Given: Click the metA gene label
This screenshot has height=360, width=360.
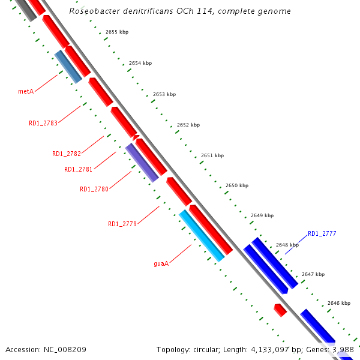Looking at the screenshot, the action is click(x=25, y=91).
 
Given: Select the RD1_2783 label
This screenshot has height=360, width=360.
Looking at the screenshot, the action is click(x=43, y=123).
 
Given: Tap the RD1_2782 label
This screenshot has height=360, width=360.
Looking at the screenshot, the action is click(x=66, y=154).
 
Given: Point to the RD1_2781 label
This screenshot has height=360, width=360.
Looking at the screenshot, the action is click(x=78, y=169).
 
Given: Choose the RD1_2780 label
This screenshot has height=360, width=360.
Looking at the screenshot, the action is click(x=94, y=189).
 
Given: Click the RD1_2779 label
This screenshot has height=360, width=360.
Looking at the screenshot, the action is click(x=122, y=224).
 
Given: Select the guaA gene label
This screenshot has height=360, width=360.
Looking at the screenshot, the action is click(x=161, y=263).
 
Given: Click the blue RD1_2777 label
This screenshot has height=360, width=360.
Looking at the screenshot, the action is click(x=322, y=233).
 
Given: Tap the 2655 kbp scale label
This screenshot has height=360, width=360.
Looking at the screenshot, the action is click(x=116, y=32).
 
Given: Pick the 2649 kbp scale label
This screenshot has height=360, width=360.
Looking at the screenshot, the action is click(x=262, y=215).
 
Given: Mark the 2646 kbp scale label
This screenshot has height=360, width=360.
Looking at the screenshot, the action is click(x=338, y=303).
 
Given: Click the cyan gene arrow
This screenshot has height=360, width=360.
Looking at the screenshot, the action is click(x=202, y=235).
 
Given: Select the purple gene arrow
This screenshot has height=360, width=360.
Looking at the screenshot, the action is click(x=142, y=162).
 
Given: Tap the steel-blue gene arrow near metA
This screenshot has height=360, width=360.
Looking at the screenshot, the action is click(x=68, y=66).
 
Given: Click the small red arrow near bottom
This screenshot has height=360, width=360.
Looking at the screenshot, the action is click(x=280, y=310).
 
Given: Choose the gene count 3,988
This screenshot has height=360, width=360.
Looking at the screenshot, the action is click(x=343, y=349).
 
